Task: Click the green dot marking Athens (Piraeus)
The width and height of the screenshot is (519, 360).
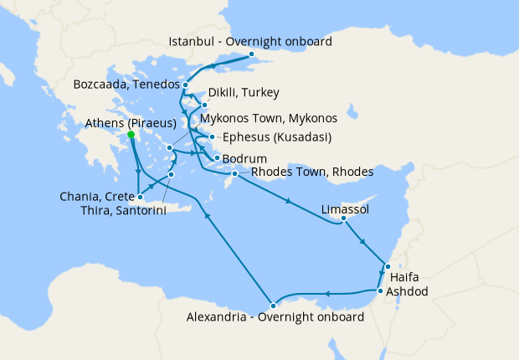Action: pyautogui.click(x=131, y=134)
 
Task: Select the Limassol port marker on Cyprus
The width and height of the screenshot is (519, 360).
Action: pyautogui.click(x=342, y=219)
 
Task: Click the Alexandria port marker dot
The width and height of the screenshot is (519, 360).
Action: pyautogui.click(x=273, y=304)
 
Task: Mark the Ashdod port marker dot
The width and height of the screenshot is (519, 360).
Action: pyautogui.click(x=380, y=291)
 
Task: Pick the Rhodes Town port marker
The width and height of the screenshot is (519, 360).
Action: pyautogui.click(x=235, y=173)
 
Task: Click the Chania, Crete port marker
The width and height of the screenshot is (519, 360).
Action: pyautogui.click(x=140, y=197)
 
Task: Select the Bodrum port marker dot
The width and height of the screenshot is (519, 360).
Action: pyautogui.click(x=217, y=158)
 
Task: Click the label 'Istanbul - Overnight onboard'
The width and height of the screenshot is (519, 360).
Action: pyautogui.click(x=249, y=41)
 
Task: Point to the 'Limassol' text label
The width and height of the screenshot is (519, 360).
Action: pyautogui.click(x=345, y=208)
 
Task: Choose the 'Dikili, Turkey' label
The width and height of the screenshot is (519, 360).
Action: pyautogui.click(x=243, y=92)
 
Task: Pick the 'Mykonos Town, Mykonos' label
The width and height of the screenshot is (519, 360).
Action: pyautogui.click(x=268, y=118)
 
